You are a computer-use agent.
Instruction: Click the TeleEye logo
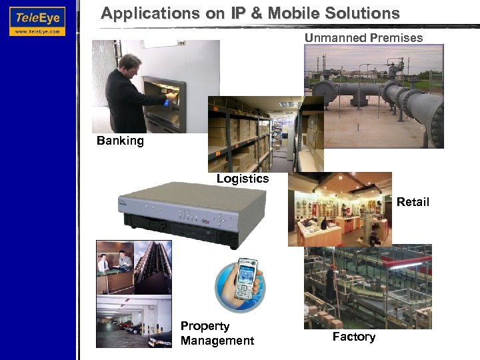coord(37,21)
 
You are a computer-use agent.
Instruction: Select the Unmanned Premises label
coord(363,38)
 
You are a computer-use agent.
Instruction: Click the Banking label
coord(120,141)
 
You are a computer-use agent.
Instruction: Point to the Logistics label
coord(243,179)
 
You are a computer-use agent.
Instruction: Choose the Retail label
coord(413,202)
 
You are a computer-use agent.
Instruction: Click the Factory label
coord(353,337)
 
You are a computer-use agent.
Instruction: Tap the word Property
coord(205,326)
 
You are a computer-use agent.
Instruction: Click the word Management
coord(217,341)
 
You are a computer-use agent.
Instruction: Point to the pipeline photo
coord(373,96)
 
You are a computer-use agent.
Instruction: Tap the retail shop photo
coord(340,210)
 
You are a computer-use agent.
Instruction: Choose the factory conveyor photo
coord(367,287)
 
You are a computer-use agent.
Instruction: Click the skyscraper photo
coord(153,267)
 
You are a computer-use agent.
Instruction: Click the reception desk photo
coord(115,267)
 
